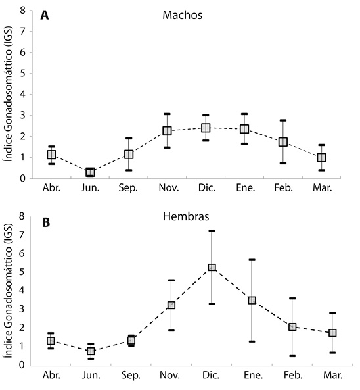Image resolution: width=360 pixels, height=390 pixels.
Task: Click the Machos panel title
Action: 183,15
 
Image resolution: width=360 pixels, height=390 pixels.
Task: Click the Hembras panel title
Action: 186,216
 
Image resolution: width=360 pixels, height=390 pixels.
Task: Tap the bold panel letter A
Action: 45,16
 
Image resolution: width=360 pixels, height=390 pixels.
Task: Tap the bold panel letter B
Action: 46,222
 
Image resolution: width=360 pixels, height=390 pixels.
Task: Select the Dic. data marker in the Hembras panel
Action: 212,268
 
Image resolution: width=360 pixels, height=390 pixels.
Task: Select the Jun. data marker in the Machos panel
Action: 90,172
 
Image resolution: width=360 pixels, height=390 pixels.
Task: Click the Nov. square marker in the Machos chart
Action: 168,131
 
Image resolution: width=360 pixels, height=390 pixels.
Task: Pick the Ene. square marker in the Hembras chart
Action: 252,300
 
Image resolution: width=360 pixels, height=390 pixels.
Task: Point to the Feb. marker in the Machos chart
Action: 283,142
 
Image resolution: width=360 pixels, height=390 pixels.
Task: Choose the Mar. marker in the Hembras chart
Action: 332,333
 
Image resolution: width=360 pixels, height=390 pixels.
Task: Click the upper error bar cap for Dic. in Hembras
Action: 212,231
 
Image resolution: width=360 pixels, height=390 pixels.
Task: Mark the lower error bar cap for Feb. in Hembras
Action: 292,356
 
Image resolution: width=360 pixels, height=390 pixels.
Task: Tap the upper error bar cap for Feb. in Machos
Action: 283,120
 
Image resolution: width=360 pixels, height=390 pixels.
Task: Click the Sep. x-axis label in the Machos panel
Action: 128,188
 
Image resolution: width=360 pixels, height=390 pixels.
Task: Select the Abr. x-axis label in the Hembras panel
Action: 52,375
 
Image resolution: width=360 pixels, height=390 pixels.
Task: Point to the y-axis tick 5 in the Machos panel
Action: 23,74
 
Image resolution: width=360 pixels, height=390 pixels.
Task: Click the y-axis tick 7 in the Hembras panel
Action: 22,235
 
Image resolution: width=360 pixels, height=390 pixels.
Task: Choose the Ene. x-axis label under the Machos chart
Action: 246,188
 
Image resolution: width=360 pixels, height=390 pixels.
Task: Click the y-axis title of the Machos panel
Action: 8,93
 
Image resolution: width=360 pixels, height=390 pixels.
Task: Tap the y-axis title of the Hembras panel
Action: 8,291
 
